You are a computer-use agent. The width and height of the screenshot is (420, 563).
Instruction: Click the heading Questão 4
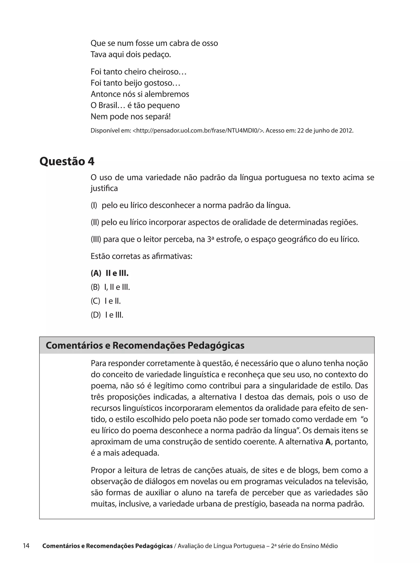click(67, 161)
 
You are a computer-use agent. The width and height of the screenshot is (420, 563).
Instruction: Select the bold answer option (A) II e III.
click(110, 273)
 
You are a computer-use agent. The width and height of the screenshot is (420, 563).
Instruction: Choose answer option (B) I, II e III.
click(110, 287)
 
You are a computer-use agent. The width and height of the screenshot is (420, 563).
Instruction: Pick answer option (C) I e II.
click(106, 301)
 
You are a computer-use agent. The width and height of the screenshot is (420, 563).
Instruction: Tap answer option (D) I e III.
click(107, 315)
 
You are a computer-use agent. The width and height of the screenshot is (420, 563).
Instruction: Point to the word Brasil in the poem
click(108, 105)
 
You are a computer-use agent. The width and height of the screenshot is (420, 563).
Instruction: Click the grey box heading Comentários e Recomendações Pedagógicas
click(145, 346)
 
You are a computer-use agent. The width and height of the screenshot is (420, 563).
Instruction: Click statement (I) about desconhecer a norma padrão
click(191, 205)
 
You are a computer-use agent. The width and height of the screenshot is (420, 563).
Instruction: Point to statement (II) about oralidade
click(224, 222)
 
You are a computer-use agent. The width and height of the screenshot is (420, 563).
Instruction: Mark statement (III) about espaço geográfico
click(225, 239)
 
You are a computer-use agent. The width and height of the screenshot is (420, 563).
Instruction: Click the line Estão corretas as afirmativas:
click(141, 256)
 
